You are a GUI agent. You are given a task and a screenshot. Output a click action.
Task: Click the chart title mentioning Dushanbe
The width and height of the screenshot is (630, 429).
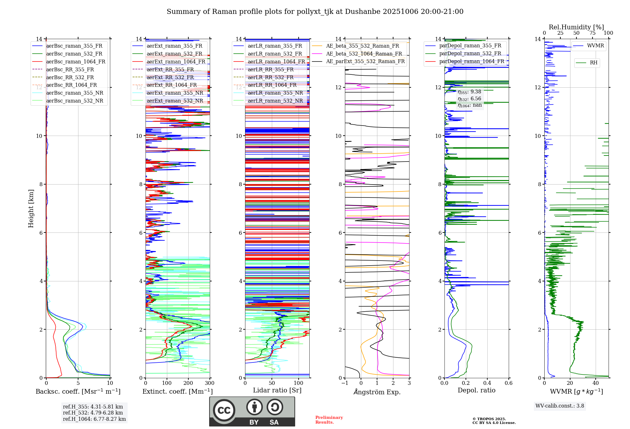[315, 12]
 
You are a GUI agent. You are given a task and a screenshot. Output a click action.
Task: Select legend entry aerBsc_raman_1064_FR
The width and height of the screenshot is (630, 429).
[76, 62]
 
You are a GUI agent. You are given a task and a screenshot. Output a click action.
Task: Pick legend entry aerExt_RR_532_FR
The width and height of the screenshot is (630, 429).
[170, 77]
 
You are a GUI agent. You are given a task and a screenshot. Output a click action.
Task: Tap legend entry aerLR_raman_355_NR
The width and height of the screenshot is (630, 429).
[275, 93]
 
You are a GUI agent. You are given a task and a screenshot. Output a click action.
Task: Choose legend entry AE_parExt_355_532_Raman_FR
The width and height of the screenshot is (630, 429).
[365, 61]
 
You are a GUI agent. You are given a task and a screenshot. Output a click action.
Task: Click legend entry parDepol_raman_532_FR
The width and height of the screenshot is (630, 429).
[470, 54]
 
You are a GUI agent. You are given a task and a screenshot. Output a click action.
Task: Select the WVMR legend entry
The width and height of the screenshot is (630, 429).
[595, 46]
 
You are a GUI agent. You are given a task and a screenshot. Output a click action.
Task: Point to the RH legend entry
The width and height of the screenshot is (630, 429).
[593, 63]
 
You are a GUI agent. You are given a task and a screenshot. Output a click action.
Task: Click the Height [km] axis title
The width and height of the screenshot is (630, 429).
[31, 208]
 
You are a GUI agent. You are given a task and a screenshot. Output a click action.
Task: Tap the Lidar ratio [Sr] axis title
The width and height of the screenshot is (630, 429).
[277, 390]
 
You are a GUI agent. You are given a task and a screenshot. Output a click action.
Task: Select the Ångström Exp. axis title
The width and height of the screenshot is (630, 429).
[377, 392]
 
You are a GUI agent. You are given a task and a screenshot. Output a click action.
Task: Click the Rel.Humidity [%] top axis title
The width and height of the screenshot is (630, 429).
[576, 27]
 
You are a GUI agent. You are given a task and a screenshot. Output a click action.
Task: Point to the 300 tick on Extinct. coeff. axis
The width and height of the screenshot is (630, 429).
[209, 383]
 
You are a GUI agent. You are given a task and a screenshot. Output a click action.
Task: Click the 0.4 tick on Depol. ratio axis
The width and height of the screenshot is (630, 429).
[487, 383]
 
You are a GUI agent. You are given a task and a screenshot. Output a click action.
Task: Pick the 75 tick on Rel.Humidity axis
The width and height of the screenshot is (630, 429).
[593, 33]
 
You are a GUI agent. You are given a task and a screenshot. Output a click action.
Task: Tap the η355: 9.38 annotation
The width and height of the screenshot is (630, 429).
[469, 92]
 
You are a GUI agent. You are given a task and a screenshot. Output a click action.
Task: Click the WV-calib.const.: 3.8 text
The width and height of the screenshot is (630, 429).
[560, 406]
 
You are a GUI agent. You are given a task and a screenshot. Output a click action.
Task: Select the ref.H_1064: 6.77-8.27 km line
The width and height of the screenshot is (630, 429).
[94, 419]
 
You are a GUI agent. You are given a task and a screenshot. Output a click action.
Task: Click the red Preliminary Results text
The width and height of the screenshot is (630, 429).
[329, 420]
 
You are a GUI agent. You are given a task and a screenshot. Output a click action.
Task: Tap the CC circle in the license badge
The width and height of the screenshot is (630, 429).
[224, 410]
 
